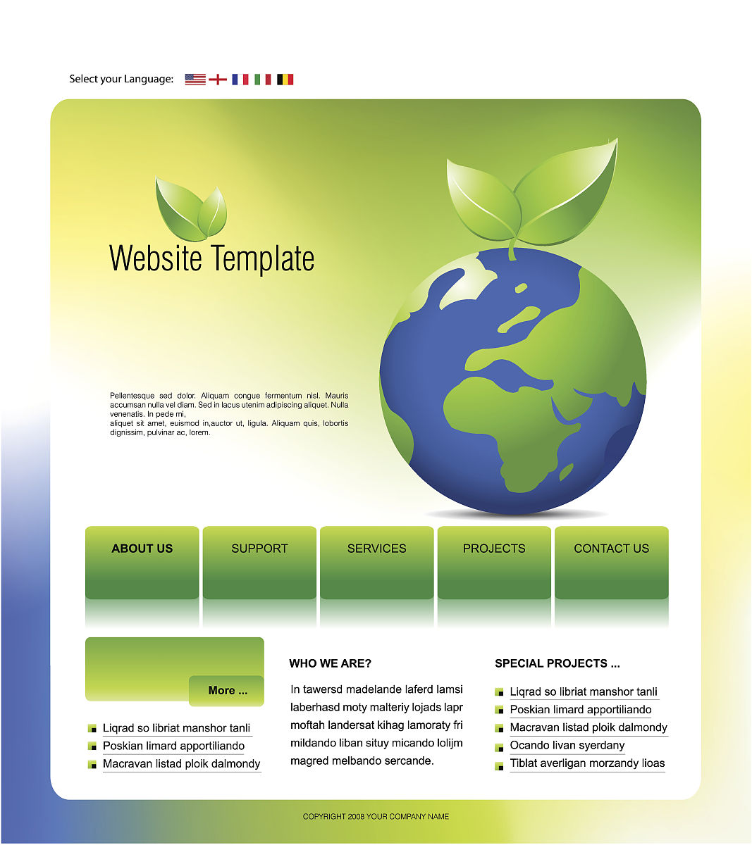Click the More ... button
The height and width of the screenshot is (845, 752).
point(227,691)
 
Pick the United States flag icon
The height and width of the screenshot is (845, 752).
point(195,80)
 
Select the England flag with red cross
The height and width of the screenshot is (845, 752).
point(218,80)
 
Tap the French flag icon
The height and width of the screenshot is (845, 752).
point(240,80)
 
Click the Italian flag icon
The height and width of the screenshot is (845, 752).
point(263,80)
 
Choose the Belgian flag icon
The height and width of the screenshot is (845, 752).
point(285,80)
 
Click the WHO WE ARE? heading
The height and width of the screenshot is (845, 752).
point(330,663)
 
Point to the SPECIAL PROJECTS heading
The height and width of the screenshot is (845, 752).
point(557,663)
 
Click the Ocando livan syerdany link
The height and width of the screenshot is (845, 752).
point(567,745)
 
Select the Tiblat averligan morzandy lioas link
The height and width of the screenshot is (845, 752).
point(587,763)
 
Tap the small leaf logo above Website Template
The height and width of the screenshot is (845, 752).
point(190,209)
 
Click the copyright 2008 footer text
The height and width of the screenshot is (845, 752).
point(376,817)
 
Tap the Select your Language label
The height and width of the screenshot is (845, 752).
point(121,79)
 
